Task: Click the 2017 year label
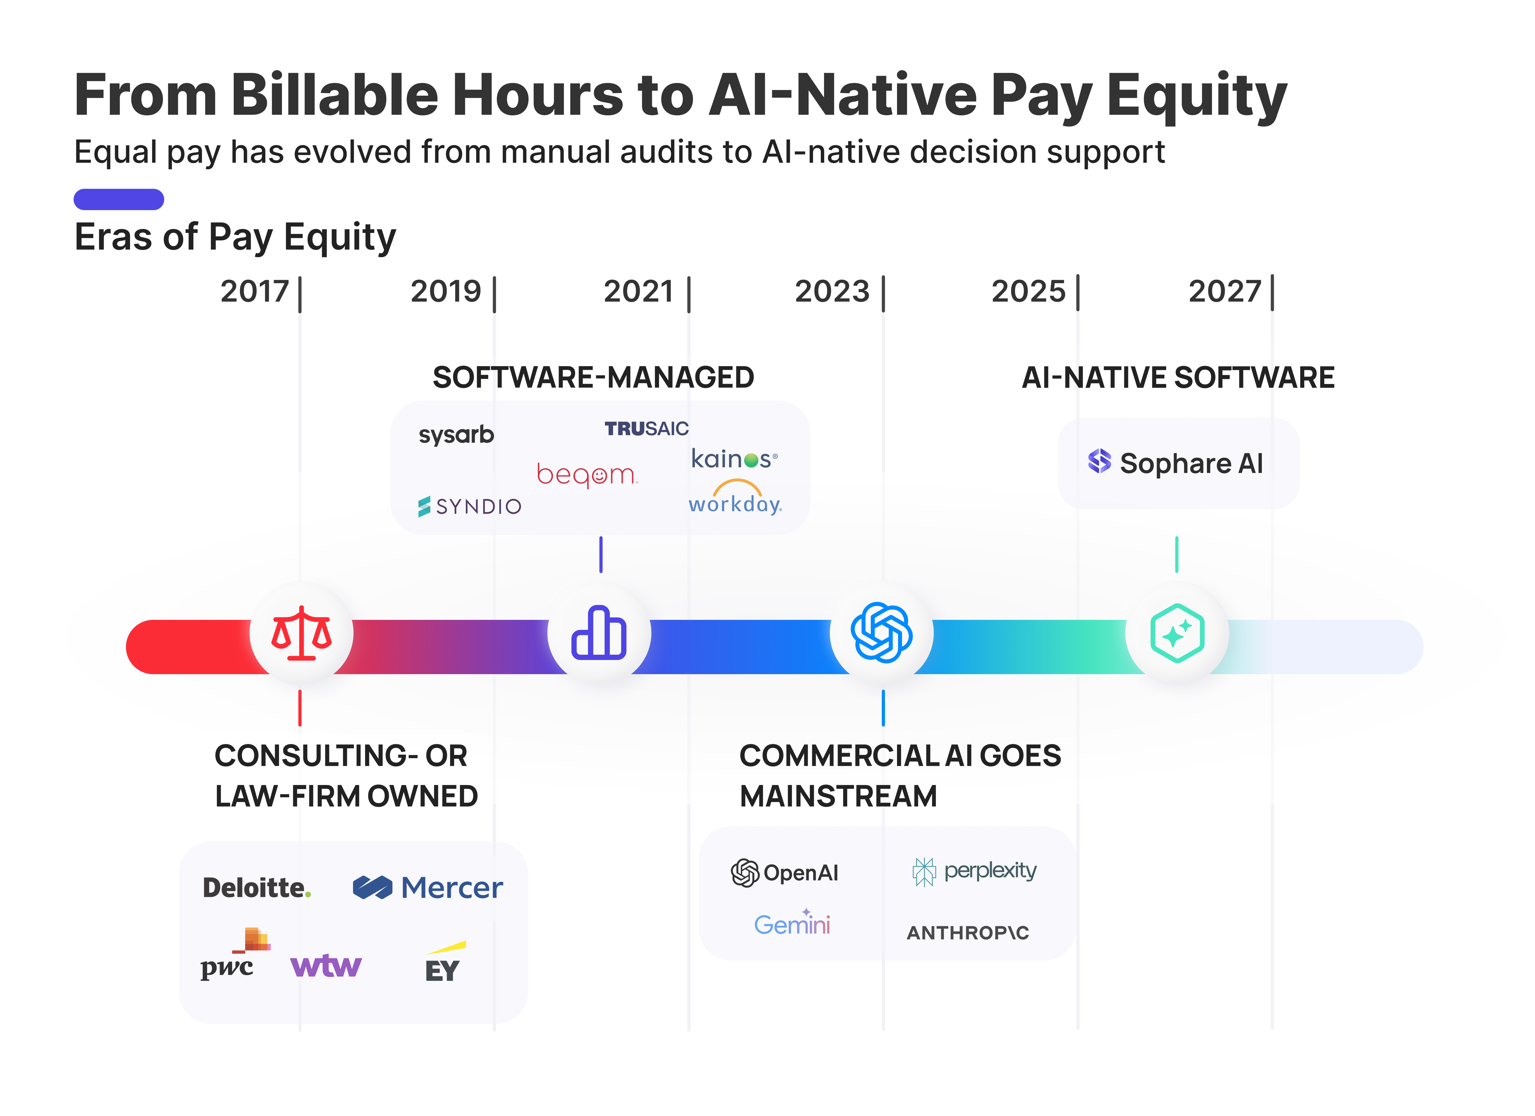click(x=255, y=292)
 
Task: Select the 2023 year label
click(x=832, y=292)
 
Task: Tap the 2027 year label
click(x=1225, y=292)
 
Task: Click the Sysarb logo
click(x=456, y=435)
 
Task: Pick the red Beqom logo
click(x=586, y=474)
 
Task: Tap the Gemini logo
click(x=792, y=923)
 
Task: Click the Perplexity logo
click(x=975, y=871)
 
